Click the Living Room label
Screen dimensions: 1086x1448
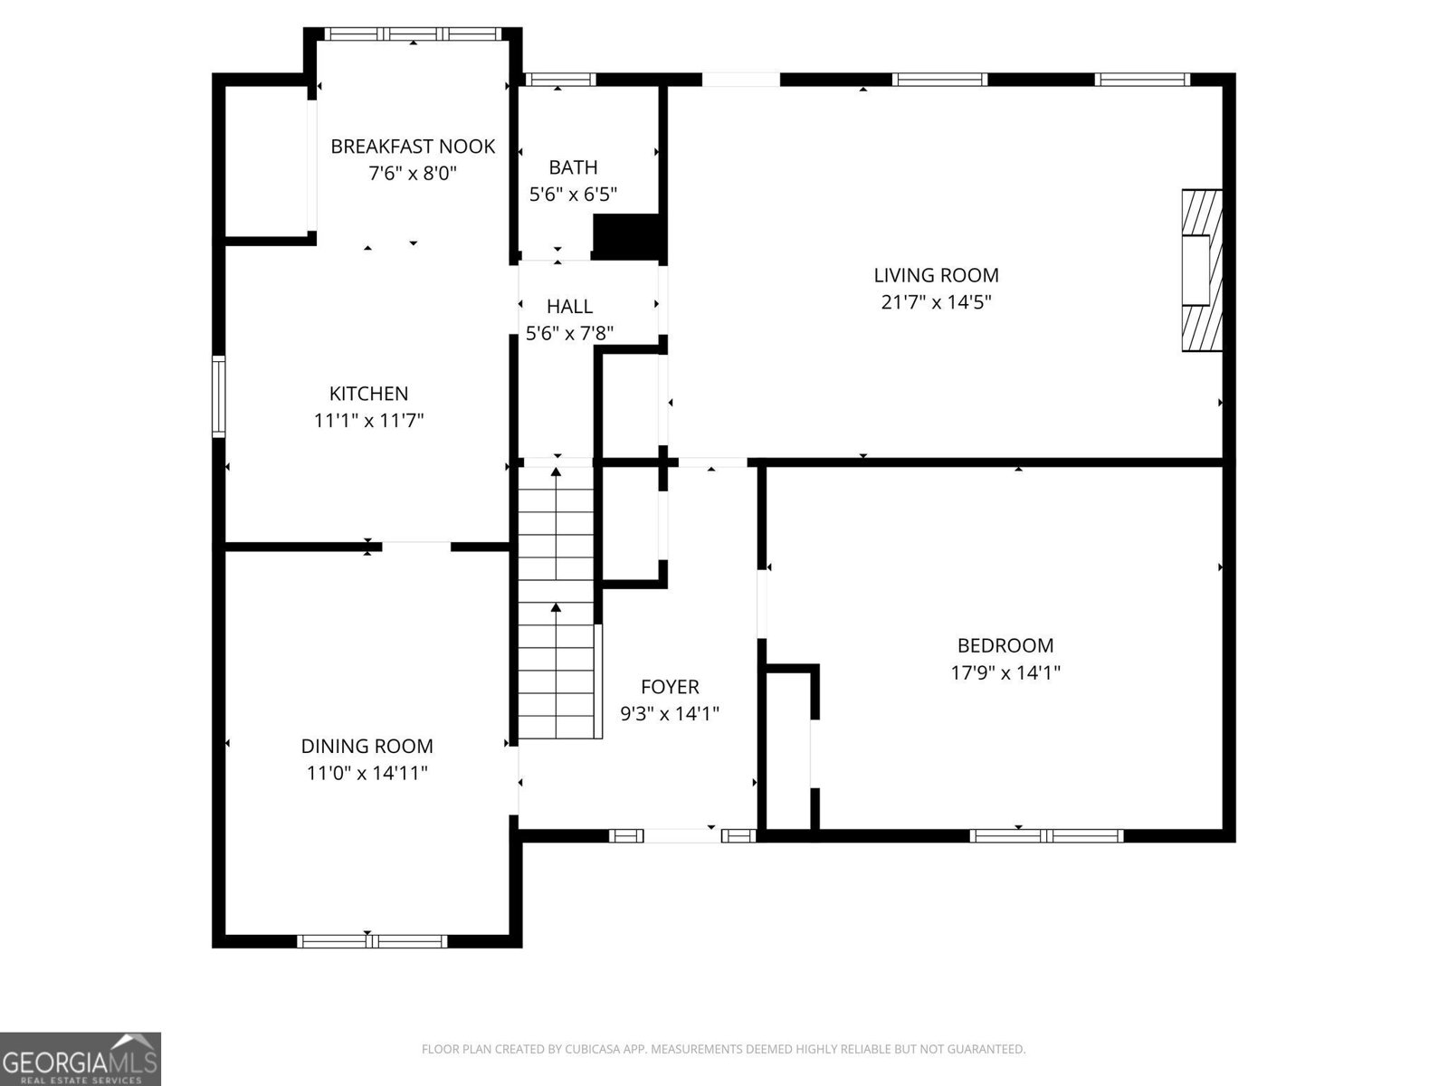tap(936, 275)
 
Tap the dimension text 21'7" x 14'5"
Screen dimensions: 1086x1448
tap(936, 302)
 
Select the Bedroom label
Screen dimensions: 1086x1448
tap(1005, 645)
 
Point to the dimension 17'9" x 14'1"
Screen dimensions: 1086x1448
tap(1005, 672)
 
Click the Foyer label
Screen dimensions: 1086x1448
tap(670, 687)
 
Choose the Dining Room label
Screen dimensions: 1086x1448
tap(367, 746)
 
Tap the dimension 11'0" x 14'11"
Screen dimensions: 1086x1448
tap(367, 773)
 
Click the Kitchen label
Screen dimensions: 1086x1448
tap(368, 394)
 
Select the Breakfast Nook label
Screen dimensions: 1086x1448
tap(413, 147)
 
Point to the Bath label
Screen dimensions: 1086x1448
tap(573, 167)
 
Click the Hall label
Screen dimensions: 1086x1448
tap(569, 307)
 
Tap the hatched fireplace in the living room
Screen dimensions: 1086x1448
tap(1202, 270)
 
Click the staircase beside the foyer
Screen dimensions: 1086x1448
tap(556, 602)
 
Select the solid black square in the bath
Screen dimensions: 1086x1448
tap(625, 235)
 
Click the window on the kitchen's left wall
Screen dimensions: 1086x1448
tap(218, 397)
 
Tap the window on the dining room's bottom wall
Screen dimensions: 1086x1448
tap(372, 941)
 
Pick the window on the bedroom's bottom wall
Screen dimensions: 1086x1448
tap(1046, 835)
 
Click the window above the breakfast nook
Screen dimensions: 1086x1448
tap(413, 34)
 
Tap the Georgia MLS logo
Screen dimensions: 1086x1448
tap(81, 1058)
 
